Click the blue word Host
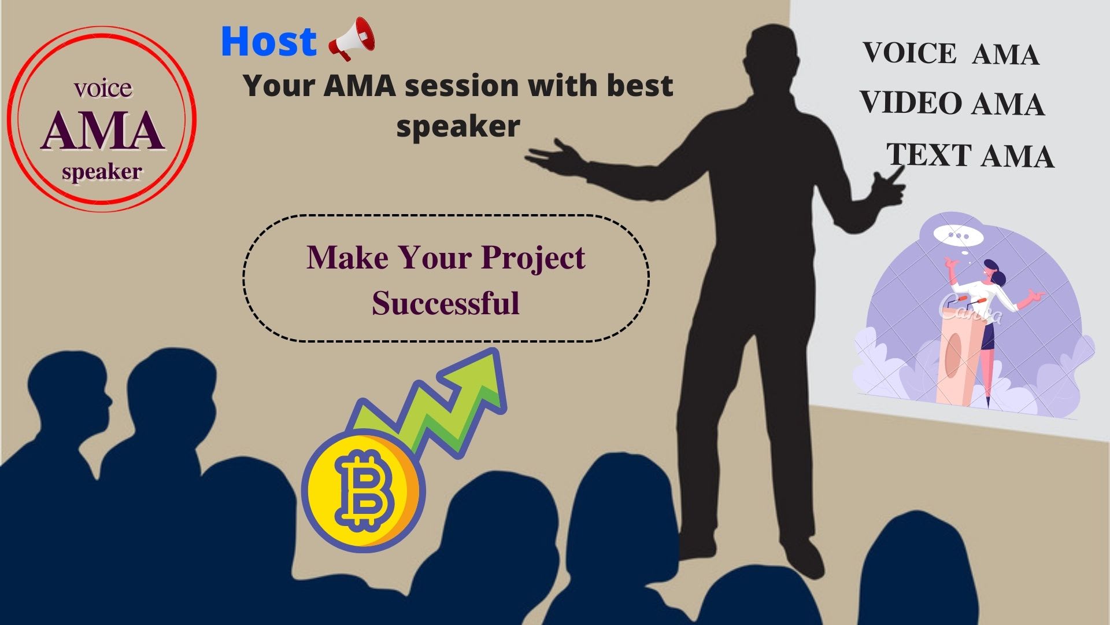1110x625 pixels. click(x=269, y=41)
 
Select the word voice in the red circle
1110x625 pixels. click(x=103, y=88)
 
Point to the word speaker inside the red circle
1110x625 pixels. click(x=102, y=172)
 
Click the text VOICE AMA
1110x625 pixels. click(x=951, y=54)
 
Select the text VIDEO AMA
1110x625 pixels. click(x=952, y=104)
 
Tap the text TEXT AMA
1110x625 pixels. click(x=970, y=156)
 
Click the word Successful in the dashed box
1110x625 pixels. click(x=445, y=303)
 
